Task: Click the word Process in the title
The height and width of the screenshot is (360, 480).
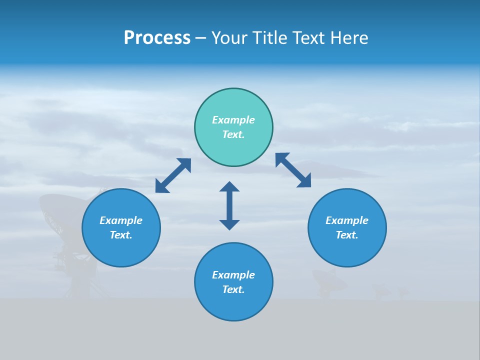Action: click(x=157, y=38)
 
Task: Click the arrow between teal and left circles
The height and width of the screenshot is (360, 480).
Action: click(x=173, y=175)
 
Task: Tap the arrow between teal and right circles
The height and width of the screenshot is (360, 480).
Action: click(x=293, y=170)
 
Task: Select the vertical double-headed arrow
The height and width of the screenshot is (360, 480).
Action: click(x=229, y=205)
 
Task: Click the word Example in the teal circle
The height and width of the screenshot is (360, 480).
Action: click(x=233, y=120)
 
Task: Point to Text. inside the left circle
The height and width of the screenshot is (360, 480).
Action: click(x=121, y=235)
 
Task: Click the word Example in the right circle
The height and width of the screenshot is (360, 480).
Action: click(x=347, y=220)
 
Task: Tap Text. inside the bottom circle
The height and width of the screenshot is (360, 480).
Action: click(x=233, y=289)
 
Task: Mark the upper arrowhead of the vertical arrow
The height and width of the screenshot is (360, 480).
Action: click(x=229, y=187)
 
